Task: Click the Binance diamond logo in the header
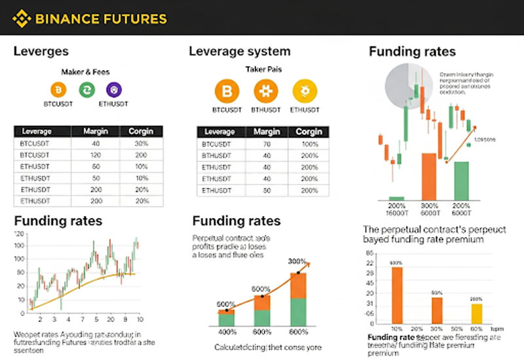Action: pos(22,18)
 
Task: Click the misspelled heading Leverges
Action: pos(41,51)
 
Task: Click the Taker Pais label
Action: pos(264,69)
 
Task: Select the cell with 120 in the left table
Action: pos(96,154)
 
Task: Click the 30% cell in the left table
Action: pos(142,143)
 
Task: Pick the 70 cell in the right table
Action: pos(267,143)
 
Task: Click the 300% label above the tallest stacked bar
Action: pos(297,261)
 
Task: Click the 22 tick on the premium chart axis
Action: pos(371,263)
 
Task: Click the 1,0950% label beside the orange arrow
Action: pos(485,140)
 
